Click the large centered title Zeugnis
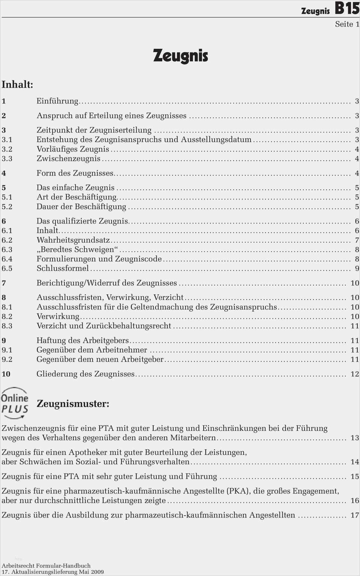tap(180, 56)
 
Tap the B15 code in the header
tap(347, 8)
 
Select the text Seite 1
tap(347, 24)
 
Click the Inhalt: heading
tap(17, 84)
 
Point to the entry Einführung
tap(57, 101)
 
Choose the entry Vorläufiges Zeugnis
tap(73, 149)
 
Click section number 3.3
tap(7, 159)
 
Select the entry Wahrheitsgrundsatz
tap(73, 240)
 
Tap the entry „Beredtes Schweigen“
tap(77, 249)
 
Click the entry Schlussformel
tap(63, 268)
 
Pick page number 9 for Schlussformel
tap(357, 268)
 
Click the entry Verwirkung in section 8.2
tap(58, 316)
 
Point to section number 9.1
tap(7, 350)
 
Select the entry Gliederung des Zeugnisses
tap(85, 374)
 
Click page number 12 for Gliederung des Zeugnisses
tap(355, 374)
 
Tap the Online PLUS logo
tap(15, 403)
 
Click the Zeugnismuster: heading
tap(73, 404)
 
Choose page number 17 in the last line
tap(355, 515)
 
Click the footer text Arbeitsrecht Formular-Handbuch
tap(46, 565)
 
